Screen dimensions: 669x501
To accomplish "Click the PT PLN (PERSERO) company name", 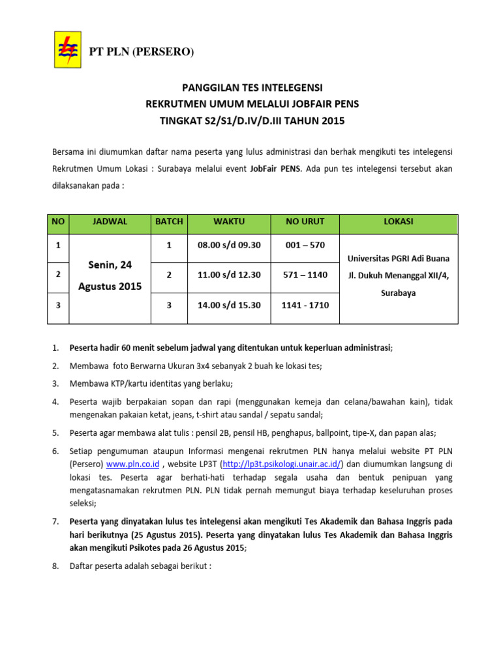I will click(142, 52).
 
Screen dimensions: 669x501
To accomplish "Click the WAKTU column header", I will click(228, 222).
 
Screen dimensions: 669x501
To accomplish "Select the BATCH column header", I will click(168, 222).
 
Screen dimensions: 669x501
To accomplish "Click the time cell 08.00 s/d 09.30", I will click(228, 245).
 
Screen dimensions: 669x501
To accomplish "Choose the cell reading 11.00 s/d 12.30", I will click(228, 275).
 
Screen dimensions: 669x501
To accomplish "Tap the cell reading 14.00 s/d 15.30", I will click(228, 305).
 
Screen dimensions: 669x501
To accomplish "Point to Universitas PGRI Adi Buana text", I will click(399, 258).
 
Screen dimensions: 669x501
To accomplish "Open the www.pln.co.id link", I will click(133, 465).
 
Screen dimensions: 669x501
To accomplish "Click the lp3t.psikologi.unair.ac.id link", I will click(282, 465).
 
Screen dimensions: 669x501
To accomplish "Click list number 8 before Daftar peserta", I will click(55, 566).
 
